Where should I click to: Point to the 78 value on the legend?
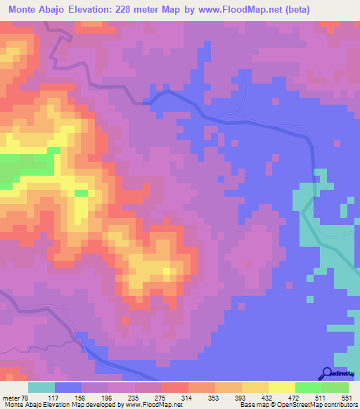[25, 397]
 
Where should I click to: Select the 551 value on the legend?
[345, 397]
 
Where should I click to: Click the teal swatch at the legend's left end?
[41, 387]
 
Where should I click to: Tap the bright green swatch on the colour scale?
[309, 387]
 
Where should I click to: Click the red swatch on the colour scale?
[175, 387]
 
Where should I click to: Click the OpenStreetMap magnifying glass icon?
[326, 373]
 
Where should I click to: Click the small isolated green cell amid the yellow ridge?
[82, 193]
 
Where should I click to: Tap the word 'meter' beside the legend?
[9, 397]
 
